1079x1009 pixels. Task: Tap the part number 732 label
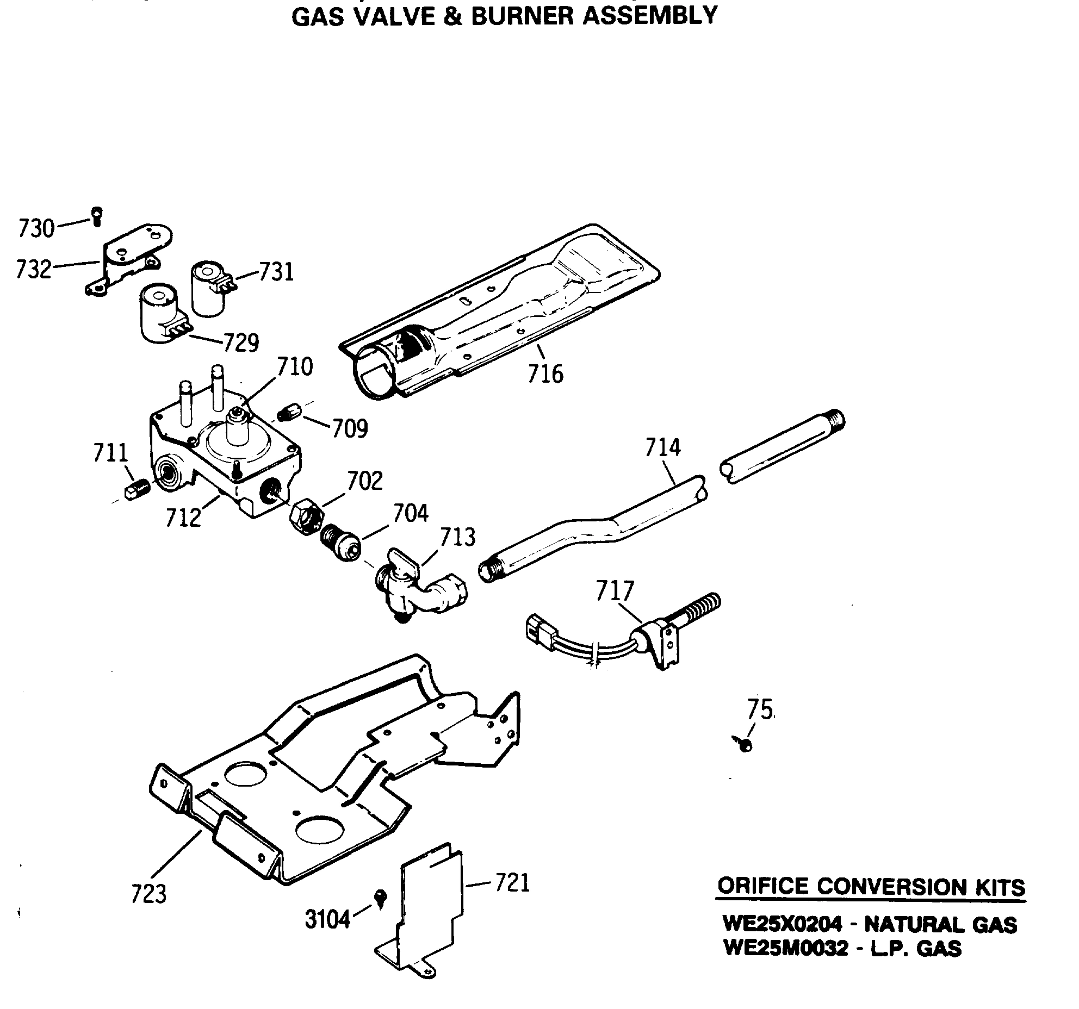click(x=34, y=270)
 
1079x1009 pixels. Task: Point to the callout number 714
click(x=663, y=448)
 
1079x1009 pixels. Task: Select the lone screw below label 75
click(x=744, y=743)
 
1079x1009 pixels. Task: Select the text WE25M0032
click(x=786, y=949)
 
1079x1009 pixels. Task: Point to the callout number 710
click(x=295, y=367)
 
